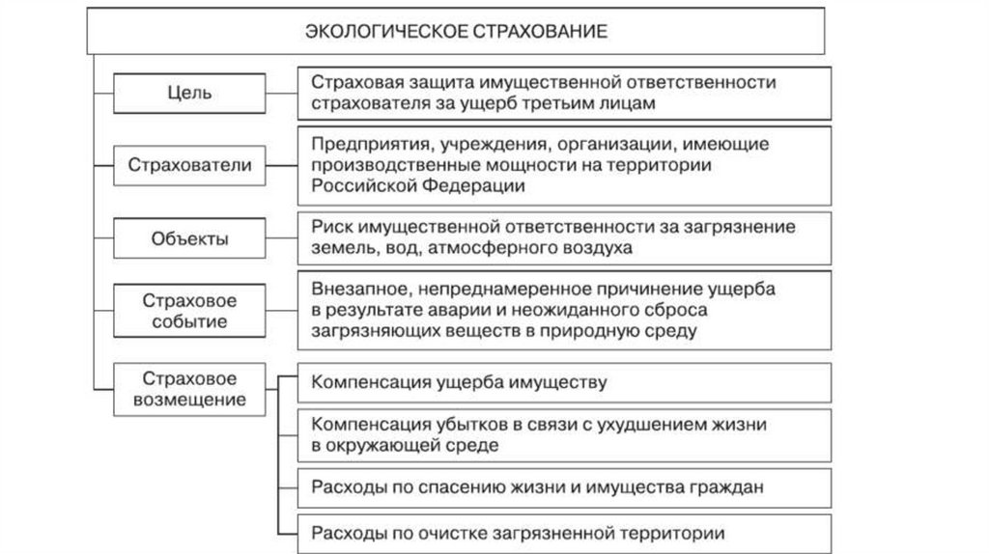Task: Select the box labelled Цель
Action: click(x=189, y=94)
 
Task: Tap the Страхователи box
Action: click(x=189, y=165)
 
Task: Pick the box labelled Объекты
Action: click(x=189, y=237)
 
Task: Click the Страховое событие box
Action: click(x=189, y=309)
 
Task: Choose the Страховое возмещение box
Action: click(x=189, y=388)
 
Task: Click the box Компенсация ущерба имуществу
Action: click(x=564, y=382)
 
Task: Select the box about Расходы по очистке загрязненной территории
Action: click(x=564, y=532)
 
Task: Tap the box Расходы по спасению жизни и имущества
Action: click(x=564, y=487)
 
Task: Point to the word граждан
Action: click(x=729, y=487)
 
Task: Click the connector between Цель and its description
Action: click(x=281, y=94)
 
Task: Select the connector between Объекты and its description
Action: click(x=281, y=237)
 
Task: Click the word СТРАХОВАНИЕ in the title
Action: click(x=540, y=32)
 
